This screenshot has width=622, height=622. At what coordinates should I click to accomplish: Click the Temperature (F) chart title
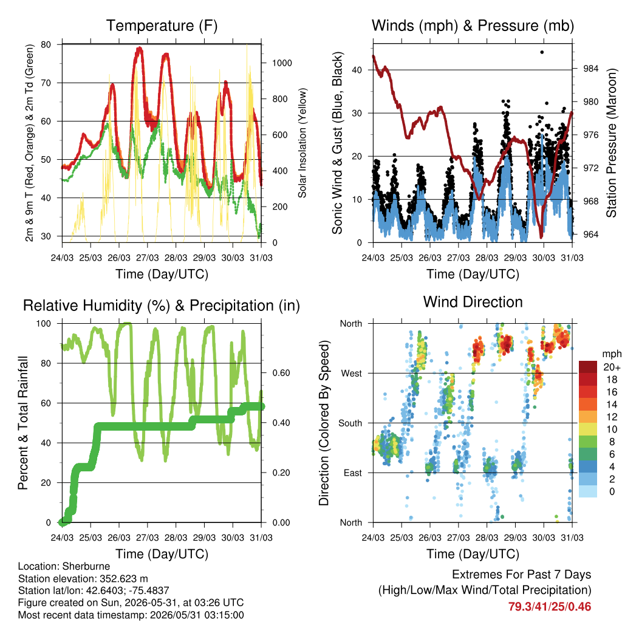[x=162, y=26]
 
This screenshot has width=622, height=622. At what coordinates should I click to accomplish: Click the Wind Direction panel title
[x=473, y=302]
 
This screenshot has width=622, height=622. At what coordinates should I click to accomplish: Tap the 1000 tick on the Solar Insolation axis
[x=282, y=63]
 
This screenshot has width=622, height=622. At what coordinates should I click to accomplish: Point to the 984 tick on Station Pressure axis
[x=590, y=69]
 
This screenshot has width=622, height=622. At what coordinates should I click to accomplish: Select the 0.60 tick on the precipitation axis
[x=281, y=373]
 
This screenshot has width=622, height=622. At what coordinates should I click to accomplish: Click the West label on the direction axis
[x=352, y=374]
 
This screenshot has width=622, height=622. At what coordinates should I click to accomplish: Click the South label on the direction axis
[x=350, y=423]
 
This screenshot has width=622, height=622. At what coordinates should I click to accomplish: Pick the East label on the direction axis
[x=353, y=473]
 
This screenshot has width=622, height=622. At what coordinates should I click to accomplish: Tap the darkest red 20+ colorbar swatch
[x=588, y=367]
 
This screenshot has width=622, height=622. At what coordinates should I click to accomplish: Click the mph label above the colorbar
[x=611, y=354]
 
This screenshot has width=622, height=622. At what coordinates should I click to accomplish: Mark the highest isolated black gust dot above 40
[x=542, y=52]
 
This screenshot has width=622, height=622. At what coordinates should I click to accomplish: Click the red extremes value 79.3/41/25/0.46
[x=550, y=607]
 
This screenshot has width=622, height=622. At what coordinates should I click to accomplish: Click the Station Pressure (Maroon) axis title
[x=611, y=143]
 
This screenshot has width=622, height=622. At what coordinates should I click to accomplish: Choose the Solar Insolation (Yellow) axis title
[x=302, y=143]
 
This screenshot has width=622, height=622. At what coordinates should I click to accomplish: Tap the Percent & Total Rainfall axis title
[x=23, y=423]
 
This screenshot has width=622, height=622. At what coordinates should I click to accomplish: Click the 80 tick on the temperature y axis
[x=46, y=44]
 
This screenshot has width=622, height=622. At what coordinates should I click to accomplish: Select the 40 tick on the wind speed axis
[x=357, y=70]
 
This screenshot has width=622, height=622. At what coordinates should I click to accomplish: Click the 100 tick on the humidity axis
[x=44, y=324]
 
